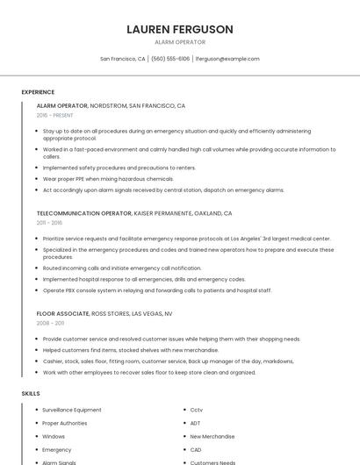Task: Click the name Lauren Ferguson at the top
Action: [179, 29]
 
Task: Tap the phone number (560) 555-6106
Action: [170, 59]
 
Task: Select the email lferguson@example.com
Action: [227, 59]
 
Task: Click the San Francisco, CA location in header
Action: [123, 59]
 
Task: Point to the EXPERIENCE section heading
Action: [38, 92]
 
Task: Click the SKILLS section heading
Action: [31, 394]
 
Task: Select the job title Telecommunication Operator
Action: [83, 213]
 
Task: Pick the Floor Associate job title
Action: [62, 313]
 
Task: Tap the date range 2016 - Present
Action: [56, 115]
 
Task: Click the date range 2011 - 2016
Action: [49, 223]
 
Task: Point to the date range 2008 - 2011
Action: [49, 323]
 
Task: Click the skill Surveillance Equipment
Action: [72, 410]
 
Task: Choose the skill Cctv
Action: [197, 410]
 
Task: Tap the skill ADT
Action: [196, 423]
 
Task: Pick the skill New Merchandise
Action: [212, 436]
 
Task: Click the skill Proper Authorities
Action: [65, 423]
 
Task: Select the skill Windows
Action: [54, 436]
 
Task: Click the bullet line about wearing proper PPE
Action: [108, 178]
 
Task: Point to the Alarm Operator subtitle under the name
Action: [179, 42]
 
